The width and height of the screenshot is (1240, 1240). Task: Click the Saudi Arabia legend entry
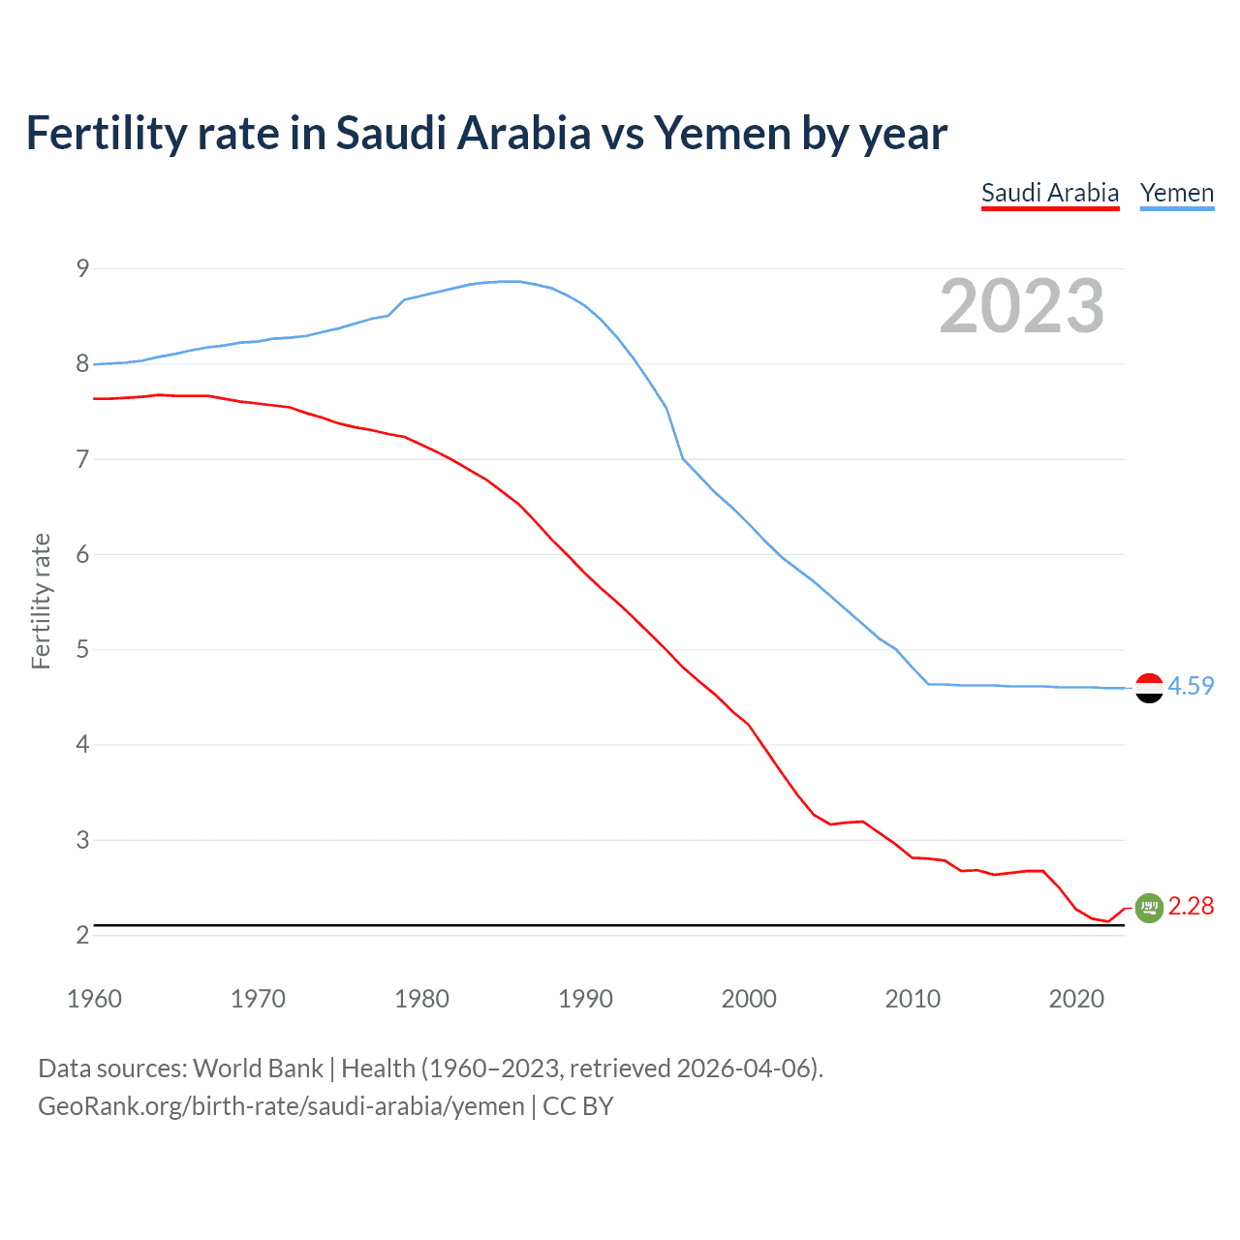[1050, 193]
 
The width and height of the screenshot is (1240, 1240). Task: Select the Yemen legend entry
[1177, 193]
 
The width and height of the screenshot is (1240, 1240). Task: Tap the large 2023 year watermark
[1022, 306]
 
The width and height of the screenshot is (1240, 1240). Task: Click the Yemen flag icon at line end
[1149, 687]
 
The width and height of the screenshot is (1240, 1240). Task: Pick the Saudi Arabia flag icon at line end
[1149, 908]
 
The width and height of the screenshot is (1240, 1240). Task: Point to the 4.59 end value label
[1191, 686]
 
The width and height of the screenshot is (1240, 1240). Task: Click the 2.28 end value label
[1191, 906]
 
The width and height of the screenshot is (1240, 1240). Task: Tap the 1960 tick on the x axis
[94, 999]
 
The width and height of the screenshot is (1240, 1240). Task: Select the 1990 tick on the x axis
[585, 999]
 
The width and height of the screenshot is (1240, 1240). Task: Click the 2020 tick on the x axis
[1076, 999]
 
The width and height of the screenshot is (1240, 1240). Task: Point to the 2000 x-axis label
[749, 999]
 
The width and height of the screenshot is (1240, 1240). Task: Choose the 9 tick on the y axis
[82, 268]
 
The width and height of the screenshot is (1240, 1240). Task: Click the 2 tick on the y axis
[82, 935]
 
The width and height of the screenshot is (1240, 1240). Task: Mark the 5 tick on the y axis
[82, 649]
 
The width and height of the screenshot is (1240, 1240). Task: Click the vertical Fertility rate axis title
[41, 601]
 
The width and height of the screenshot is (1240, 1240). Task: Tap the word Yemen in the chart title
[722, 133]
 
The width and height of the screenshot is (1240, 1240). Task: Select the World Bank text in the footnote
[258, 1069]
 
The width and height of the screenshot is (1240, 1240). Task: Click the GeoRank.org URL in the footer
[281, 1106]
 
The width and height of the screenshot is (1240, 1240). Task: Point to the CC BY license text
[578, 1106]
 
